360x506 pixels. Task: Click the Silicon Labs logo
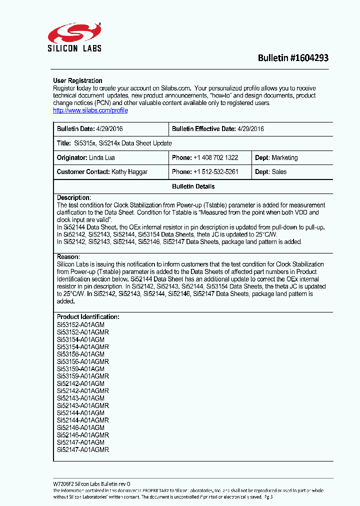tap(74, 37)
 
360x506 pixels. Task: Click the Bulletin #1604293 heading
tap(293, 58)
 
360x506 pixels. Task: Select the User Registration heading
tap(77, 80)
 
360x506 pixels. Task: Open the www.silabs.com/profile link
tap(90, 110)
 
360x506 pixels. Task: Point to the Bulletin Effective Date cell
tap(218, 129)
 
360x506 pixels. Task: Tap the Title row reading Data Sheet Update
tap(114, 143)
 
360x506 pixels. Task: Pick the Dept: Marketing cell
tap(276, 158)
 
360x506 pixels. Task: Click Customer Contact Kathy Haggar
tap(102, 172)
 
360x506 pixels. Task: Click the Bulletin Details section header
tap(193, 186)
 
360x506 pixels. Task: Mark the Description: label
tap(73, 197)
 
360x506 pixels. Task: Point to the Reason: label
tap(68, 257)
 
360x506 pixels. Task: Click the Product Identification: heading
tap(88, 317)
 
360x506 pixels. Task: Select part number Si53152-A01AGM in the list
tap(80, 325)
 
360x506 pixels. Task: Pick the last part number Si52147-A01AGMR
tap(82, 450)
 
